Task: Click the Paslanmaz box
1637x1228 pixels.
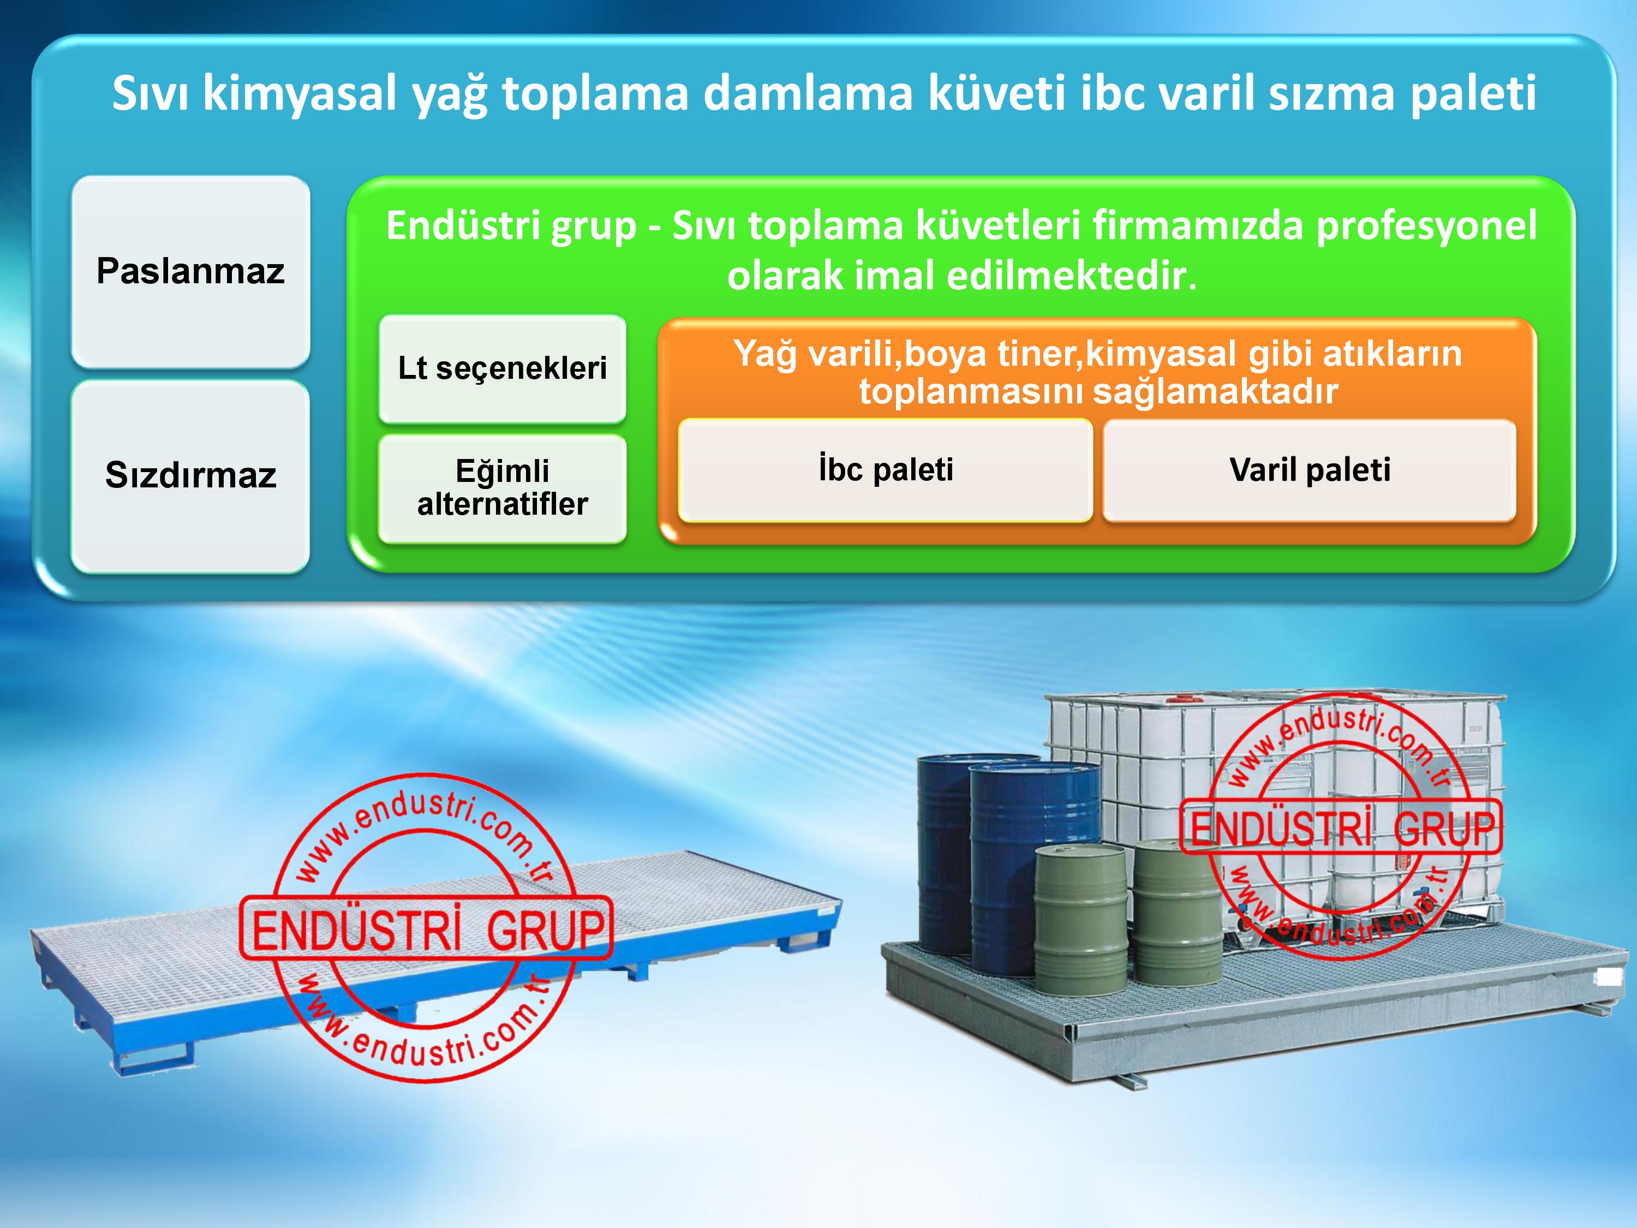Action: pos(190,271)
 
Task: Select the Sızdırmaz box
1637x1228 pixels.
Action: pos(190,475)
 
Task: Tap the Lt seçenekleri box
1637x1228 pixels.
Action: pos(503,368)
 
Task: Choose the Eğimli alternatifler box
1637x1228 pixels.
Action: pos(503,488)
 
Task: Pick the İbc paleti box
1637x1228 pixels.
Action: pos(885,470)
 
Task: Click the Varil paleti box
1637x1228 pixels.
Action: pos(1309,470)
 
